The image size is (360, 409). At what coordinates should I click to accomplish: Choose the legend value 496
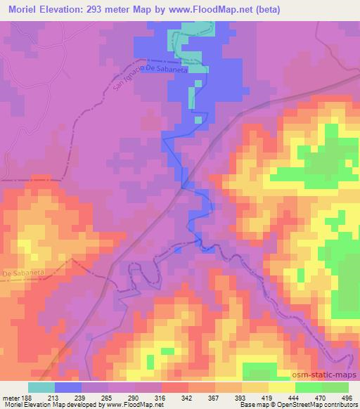pyautogui.click(x=347, y=397)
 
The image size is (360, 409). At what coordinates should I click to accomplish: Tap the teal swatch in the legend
pyautogui.click(x=41, y=387)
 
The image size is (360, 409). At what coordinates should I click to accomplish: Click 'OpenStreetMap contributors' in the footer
pyautogui.click(x=318, y=405)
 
